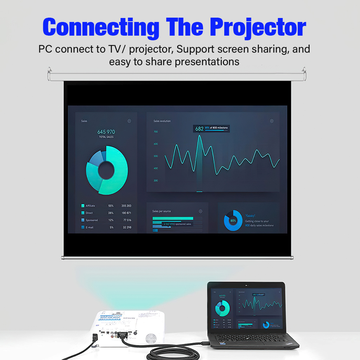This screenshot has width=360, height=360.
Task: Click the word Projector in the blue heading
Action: tap(258, 27)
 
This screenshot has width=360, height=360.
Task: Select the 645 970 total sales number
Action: tap(106, 132)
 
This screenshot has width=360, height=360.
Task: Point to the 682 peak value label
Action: tap(199, 129)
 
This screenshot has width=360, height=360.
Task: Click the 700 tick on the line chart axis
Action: tap(156, 132)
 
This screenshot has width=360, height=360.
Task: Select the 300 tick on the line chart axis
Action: tap(156, 180)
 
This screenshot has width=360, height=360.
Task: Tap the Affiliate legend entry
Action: tap(90, 206)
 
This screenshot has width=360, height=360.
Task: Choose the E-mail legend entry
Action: tap(89, 228)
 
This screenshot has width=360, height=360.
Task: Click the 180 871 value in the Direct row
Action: tap(126, 213)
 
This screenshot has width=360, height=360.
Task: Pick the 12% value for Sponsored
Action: tap(111, 220)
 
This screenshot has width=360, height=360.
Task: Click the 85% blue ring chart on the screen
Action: tap(233, 220)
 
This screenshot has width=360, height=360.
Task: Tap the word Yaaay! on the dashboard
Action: tap(251, 216)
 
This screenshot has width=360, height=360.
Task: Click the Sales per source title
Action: tap(162, 211)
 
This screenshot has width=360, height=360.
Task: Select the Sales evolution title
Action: tap(162, 121)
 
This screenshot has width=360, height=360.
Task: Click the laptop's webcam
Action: tap(247, 286)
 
